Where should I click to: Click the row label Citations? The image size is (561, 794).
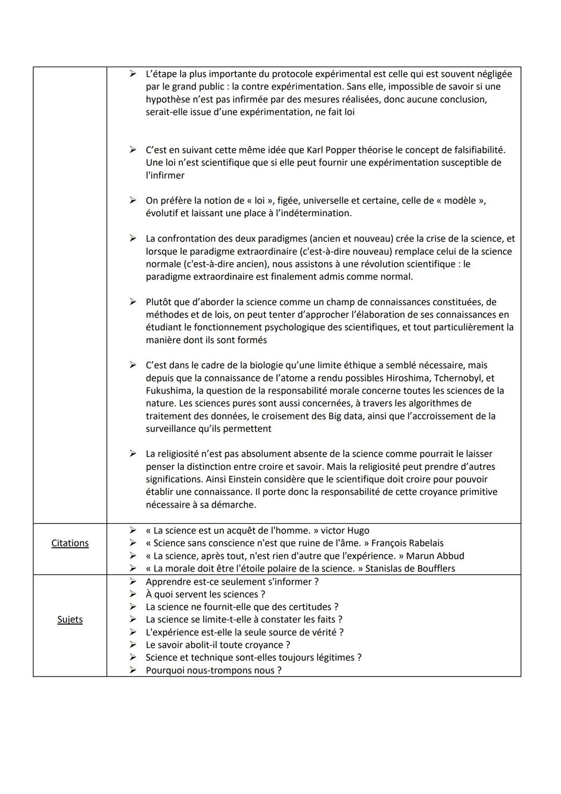(70, 543)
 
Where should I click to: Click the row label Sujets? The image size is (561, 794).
(70, 619)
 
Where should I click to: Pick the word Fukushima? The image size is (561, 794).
(169, 391)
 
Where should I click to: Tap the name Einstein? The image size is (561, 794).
(247, 479)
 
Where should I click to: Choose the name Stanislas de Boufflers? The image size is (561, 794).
(410, 568)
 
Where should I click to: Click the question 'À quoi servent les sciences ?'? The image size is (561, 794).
(206, 594)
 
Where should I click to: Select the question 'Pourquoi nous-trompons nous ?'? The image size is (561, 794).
(213, 670)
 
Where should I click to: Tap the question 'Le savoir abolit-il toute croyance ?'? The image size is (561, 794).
(218, 645)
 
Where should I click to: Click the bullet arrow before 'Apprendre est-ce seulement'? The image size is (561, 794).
(133, 581)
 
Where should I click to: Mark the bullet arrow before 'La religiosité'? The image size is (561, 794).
(133, 454)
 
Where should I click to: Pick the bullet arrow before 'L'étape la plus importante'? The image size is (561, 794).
(133, 74)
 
